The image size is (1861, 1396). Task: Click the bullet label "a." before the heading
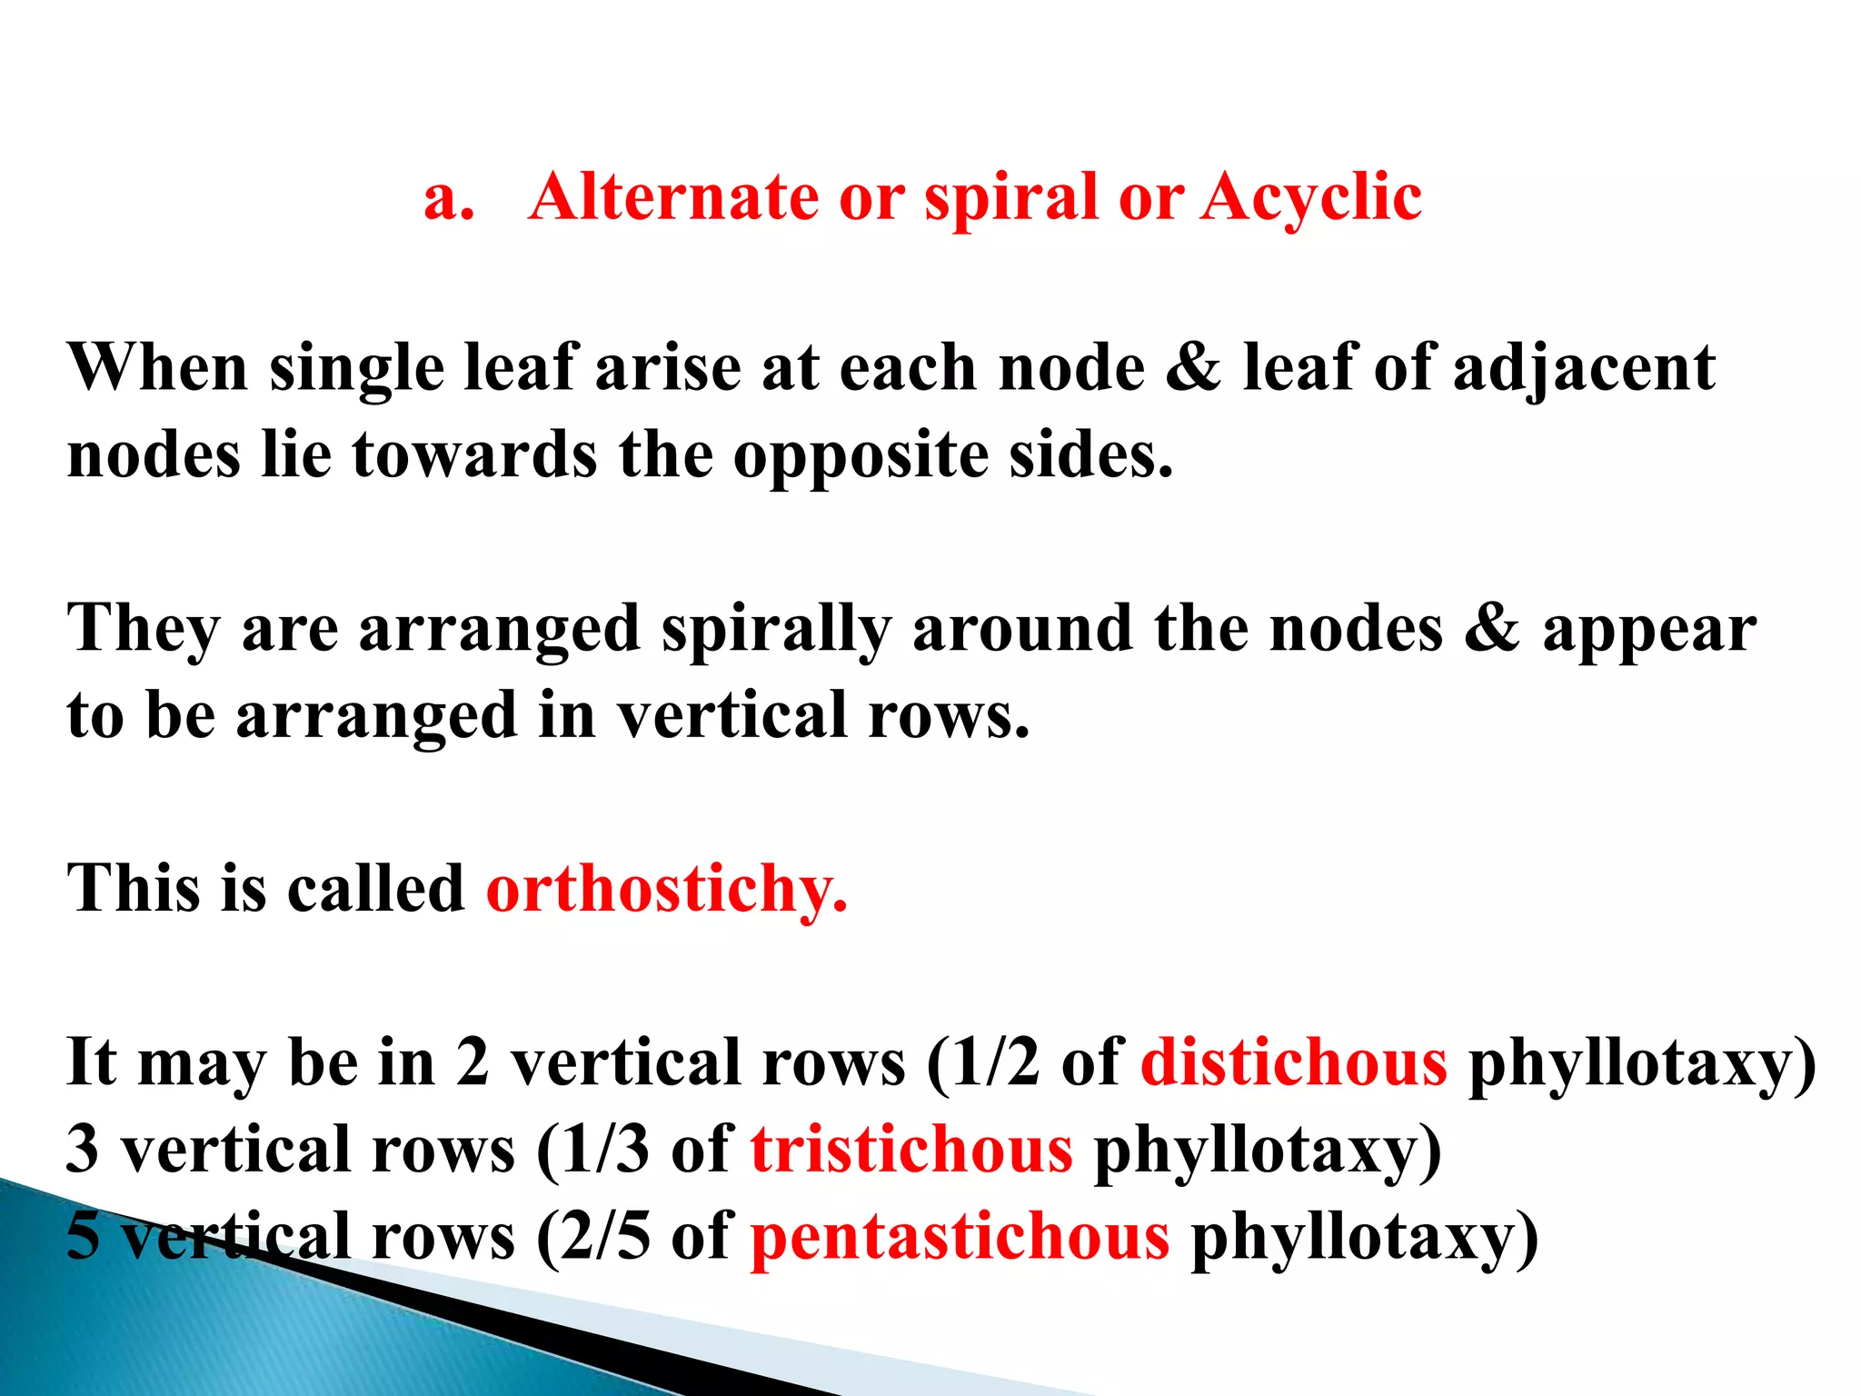pyautogui.click(x=449, y=199)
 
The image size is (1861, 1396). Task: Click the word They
pyautogui.click(x=144, y=629)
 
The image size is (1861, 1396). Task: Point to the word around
pyautogui.click(x=1022, y=629)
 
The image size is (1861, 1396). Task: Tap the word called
pyautogui.click(x=375, y=888)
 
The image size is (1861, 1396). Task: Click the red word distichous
pyautogui.click(x=1294, y=1062)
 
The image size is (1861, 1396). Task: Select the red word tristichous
pyautogui.click(x=911, y=1150)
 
